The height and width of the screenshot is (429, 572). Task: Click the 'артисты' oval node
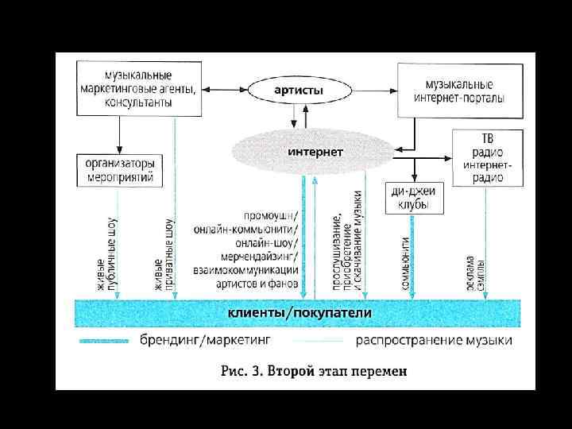299,90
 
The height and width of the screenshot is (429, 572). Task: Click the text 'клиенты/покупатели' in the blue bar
300,313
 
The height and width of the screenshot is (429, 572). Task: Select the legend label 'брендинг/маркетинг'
206,340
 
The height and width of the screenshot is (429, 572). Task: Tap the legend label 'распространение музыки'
434,341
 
